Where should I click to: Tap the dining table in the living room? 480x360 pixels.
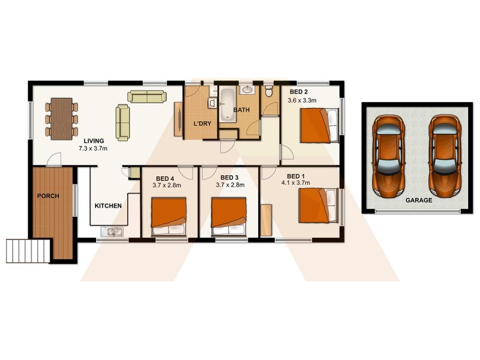tap(61, 118)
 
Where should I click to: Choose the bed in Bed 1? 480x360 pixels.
tap(318, 205)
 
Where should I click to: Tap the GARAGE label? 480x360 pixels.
tap(418, 200)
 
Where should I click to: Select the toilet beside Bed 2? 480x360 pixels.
tap(269, 92)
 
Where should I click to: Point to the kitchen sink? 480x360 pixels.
tap(112, 232)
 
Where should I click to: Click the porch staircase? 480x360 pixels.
tap(28, 249)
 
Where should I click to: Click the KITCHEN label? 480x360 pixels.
tap(108, 206)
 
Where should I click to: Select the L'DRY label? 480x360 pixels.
tap(201, 124)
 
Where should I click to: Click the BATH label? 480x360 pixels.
tap(241, 110)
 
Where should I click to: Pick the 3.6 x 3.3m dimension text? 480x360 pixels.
tap(302, 100)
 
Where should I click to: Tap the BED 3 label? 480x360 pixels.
tap(229, 178)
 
